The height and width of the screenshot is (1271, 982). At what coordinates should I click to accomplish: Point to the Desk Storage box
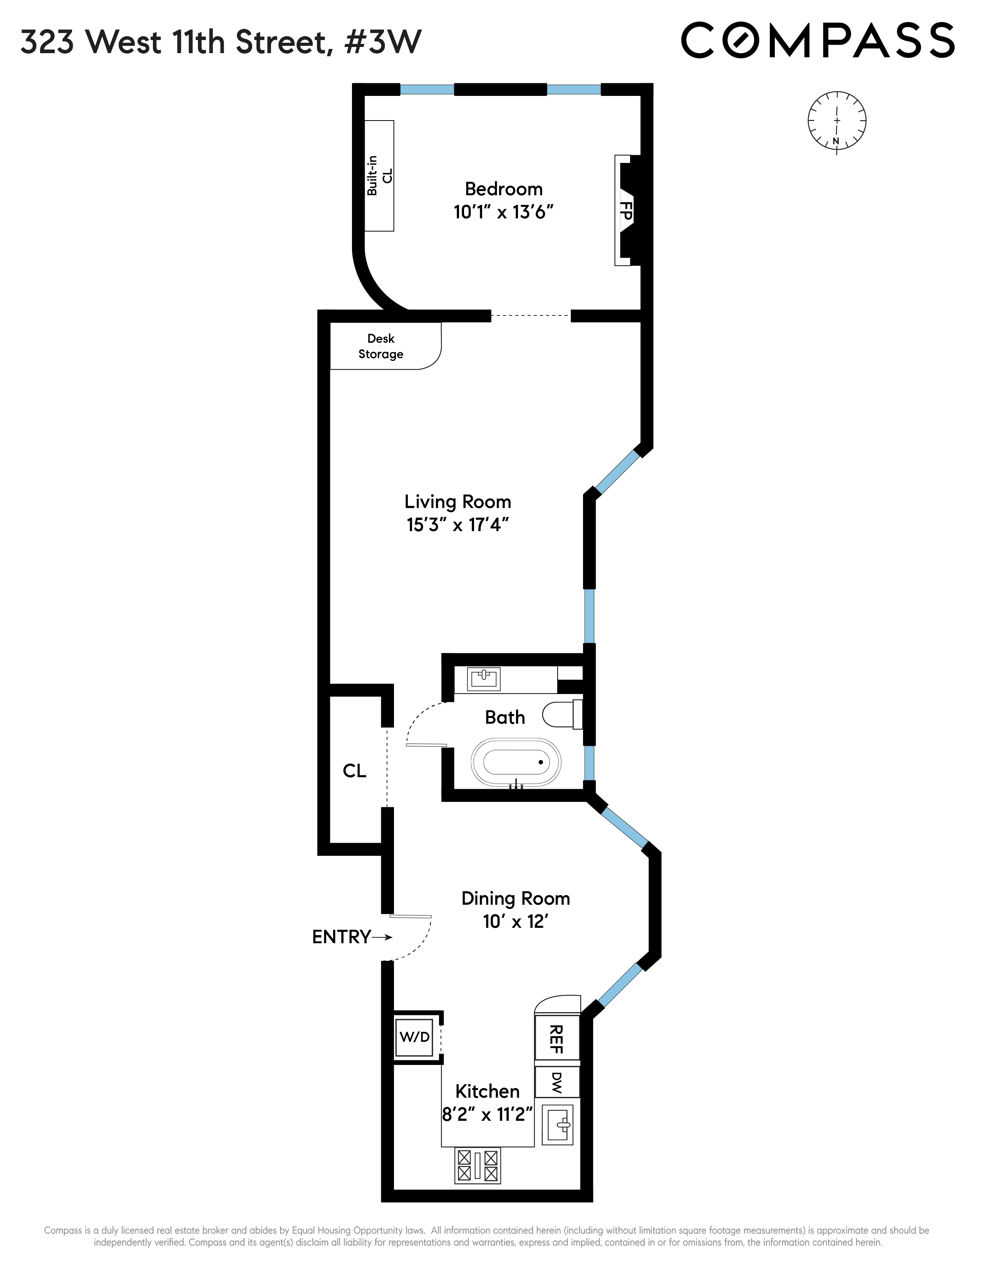coord(381,346)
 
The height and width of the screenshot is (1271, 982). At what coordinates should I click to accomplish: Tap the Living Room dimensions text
coord(458,525)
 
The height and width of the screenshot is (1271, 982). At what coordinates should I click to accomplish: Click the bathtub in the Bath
coord(515,762)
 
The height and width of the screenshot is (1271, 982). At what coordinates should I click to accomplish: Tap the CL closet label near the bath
coord(354,771)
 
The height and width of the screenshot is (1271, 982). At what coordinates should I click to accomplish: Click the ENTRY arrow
coord(382,937)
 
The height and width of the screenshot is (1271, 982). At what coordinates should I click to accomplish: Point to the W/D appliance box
coord(414,1036)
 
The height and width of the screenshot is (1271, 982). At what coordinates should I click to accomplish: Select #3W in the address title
coord(383,42)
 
